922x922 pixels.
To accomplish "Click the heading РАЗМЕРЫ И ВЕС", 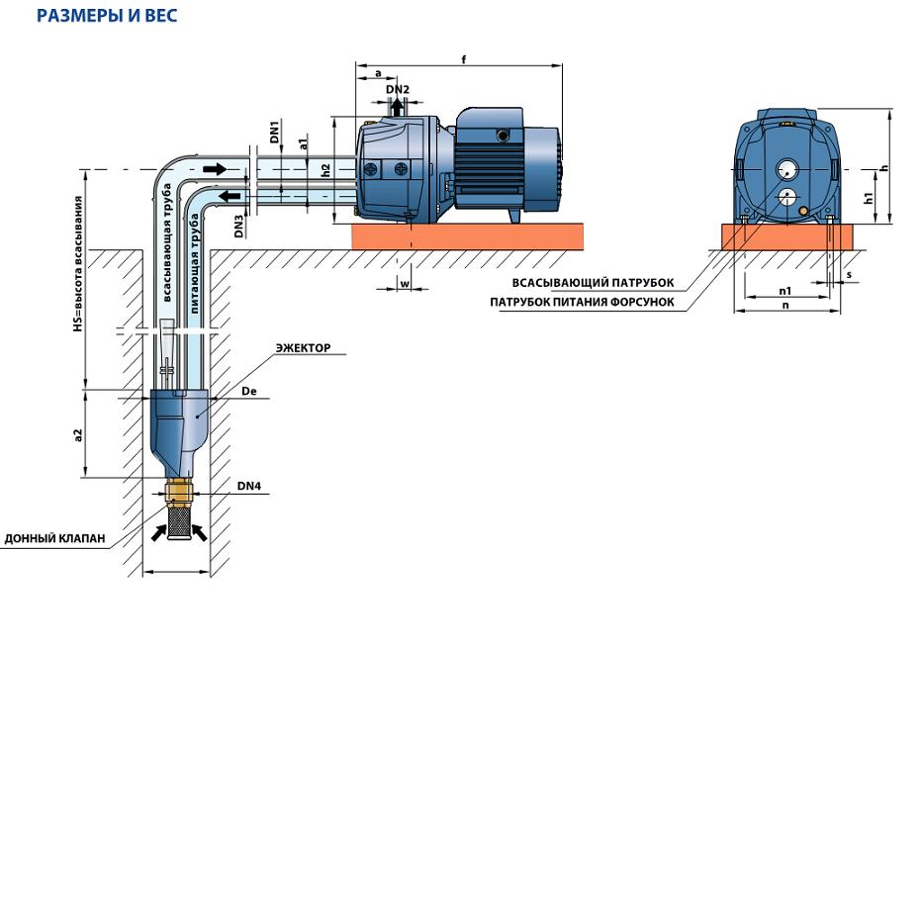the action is pyautogui.click(x=107, y=15).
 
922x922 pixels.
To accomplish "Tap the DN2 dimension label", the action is pyautogui.click(x=398, y=89).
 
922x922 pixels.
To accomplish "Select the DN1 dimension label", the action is pyautogui.click(x=275, y=132).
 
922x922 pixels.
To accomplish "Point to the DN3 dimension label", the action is pyautogui.click(x=238, y=227).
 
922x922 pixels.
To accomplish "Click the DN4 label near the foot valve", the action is pyautogui.click(x=248, y=486).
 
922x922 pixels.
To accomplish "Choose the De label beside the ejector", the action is pyautogui.click(x=248, y=391).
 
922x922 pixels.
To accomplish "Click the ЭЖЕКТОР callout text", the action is pyautogui.click(x=304, y=347).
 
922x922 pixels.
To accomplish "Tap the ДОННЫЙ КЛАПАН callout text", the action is pyautogui.click(x=54, y=538).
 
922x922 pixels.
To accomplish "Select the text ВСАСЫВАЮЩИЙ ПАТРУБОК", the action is pyautogui.click(x=593, y=283).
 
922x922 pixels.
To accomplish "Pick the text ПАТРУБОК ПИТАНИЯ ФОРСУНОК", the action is pyautogui.click(x=582, y=303).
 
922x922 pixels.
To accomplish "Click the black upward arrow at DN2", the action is pyautogui.click(x=398, y=106).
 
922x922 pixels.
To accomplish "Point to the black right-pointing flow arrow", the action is pyautogui.click(x=214, y=169).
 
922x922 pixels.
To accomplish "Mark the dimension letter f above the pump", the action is pyautogui.click(x=464, y=59).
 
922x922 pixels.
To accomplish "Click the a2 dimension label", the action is pyautogui.click(x=77, y=435).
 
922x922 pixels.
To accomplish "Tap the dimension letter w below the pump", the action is pyautogui.click(x=405, y=284).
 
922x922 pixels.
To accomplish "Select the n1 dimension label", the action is pyautogui.click(x=785, y=291).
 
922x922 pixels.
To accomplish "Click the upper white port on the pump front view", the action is pyautogui.click(x=786, y=170).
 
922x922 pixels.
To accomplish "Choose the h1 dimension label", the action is pyautogui.click(x=869, y=198).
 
